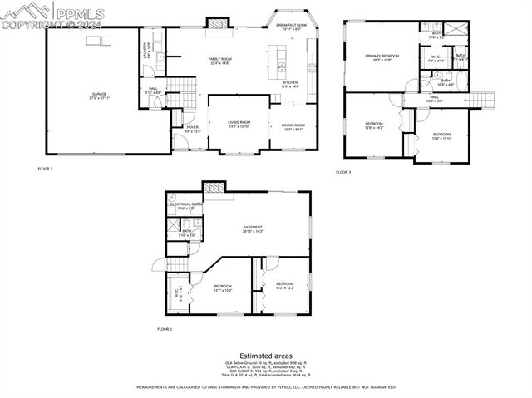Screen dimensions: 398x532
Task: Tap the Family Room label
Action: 219,61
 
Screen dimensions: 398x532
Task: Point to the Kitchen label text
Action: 290,84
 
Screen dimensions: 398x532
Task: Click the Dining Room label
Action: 293,126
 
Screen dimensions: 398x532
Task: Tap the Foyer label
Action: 192,129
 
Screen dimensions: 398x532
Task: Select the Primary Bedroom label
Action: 382,57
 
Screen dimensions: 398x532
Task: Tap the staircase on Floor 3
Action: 477,100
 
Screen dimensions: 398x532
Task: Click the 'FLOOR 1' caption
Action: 165,329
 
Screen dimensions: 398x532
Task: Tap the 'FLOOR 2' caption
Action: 45,169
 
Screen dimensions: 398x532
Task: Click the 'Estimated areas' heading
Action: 265,355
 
